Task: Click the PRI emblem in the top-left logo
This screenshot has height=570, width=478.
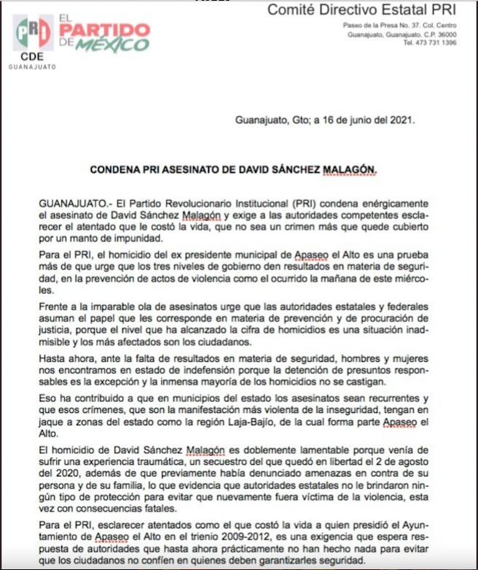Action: coord(33,33)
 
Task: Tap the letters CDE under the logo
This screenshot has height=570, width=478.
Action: coord(32,56)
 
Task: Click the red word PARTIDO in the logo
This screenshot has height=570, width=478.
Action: coord(105,30)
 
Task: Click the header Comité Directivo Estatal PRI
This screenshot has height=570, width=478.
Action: coord(362,10)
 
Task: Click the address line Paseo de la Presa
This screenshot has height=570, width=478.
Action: coord(372,26)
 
